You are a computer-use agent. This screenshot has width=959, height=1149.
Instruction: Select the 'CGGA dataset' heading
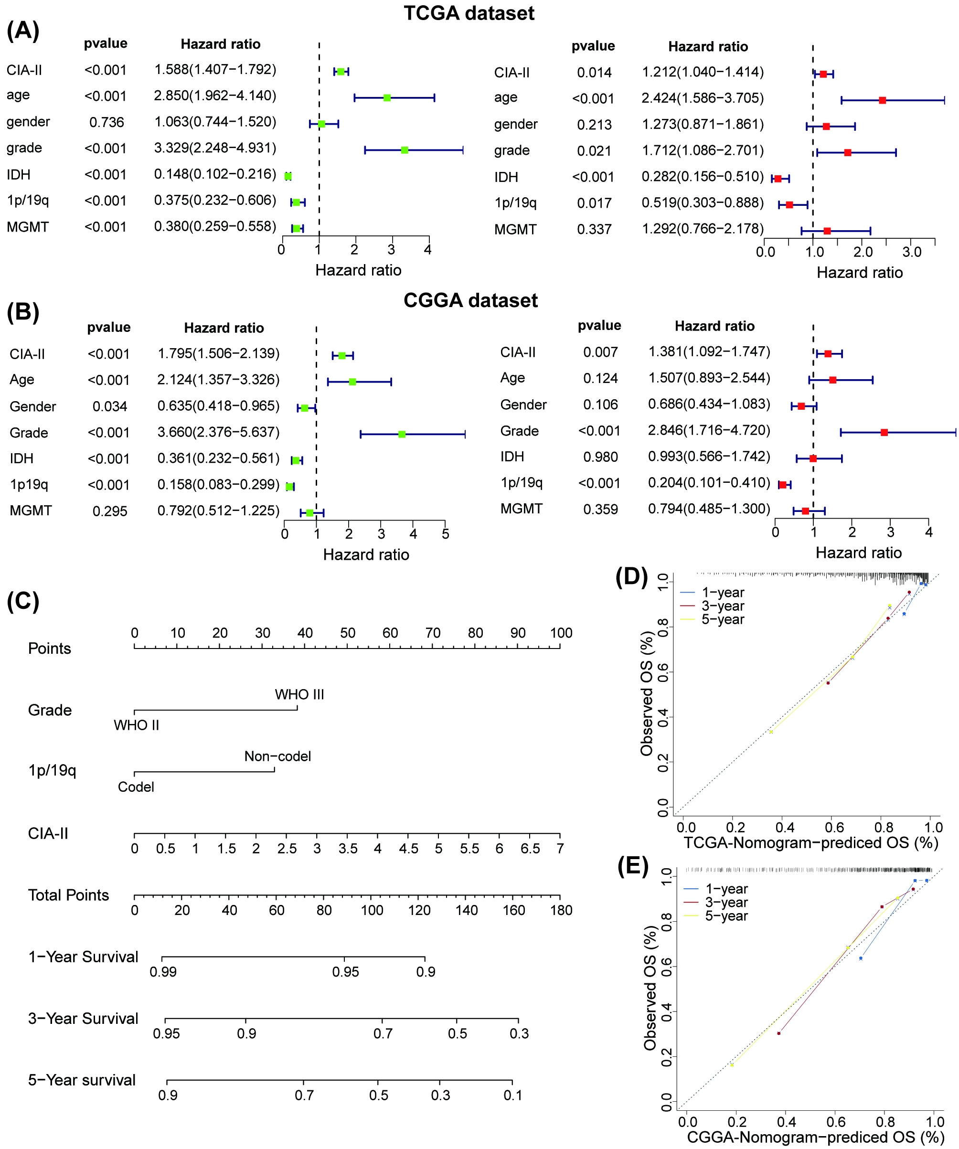tap(470, 300)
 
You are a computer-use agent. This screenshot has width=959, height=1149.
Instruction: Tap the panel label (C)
tap(23, 601)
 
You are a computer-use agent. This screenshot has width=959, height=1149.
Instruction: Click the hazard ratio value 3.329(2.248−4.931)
tap(215, 148)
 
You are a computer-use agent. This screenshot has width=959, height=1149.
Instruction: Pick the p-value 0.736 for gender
tap(107, 122)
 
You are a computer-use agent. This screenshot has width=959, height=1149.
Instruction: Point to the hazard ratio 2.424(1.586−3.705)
tap(703, 98)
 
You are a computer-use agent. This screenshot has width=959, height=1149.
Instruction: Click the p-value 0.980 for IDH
tap(600, 457)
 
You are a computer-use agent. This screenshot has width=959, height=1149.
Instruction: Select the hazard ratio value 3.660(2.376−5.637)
tap(218, 432)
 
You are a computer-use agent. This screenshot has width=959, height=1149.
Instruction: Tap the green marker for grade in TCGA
tap(404, 150)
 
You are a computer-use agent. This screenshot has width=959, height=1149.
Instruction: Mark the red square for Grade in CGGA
tap(884, 432)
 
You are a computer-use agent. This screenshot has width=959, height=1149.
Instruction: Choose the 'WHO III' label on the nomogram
tap(299, 694)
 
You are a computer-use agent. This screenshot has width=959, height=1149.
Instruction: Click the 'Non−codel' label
tap(277, 756)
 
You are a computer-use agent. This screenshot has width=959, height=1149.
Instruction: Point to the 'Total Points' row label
tap(68, 895)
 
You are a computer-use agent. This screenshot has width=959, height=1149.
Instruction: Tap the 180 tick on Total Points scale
tap(561, 910)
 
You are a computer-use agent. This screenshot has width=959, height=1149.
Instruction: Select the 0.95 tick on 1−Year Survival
tap(345, 972)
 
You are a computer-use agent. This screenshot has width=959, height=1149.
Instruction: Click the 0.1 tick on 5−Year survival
tap(512, 1095)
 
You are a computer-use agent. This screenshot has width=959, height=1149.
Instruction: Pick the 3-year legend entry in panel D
tap(722, 606)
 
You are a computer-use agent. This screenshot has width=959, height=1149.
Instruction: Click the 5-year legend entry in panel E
tap(725, 916)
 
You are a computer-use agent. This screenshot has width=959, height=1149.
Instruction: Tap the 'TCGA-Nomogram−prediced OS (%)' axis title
tap(811, 842)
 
